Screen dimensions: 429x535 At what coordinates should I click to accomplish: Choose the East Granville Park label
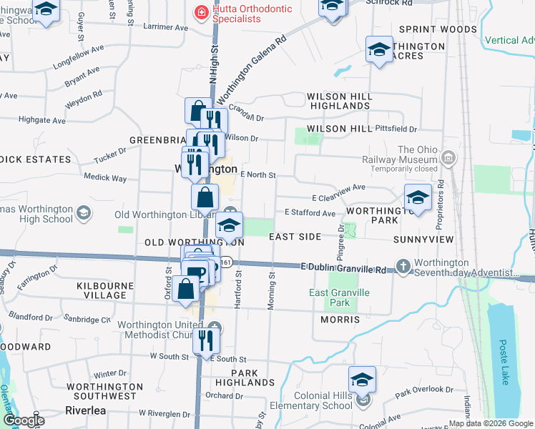[x=339, y=297]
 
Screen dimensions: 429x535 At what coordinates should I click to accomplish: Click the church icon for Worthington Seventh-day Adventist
[x=403, y=266]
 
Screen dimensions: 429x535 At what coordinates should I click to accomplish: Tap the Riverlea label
[x=86, y=410]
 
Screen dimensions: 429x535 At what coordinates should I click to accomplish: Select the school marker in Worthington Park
[x=418, y=198]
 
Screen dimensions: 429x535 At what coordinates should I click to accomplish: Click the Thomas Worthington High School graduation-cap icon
[x=84, y=213]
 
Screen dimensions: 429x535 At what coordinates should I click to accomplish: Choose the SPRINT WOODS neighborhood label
[x=438, y=29]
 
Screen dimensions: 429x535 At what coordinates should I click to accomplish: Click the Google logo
[x=24, y=420]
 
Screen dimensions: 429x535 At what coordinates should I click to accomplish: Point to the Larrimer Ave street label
[x=165, y=27]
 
